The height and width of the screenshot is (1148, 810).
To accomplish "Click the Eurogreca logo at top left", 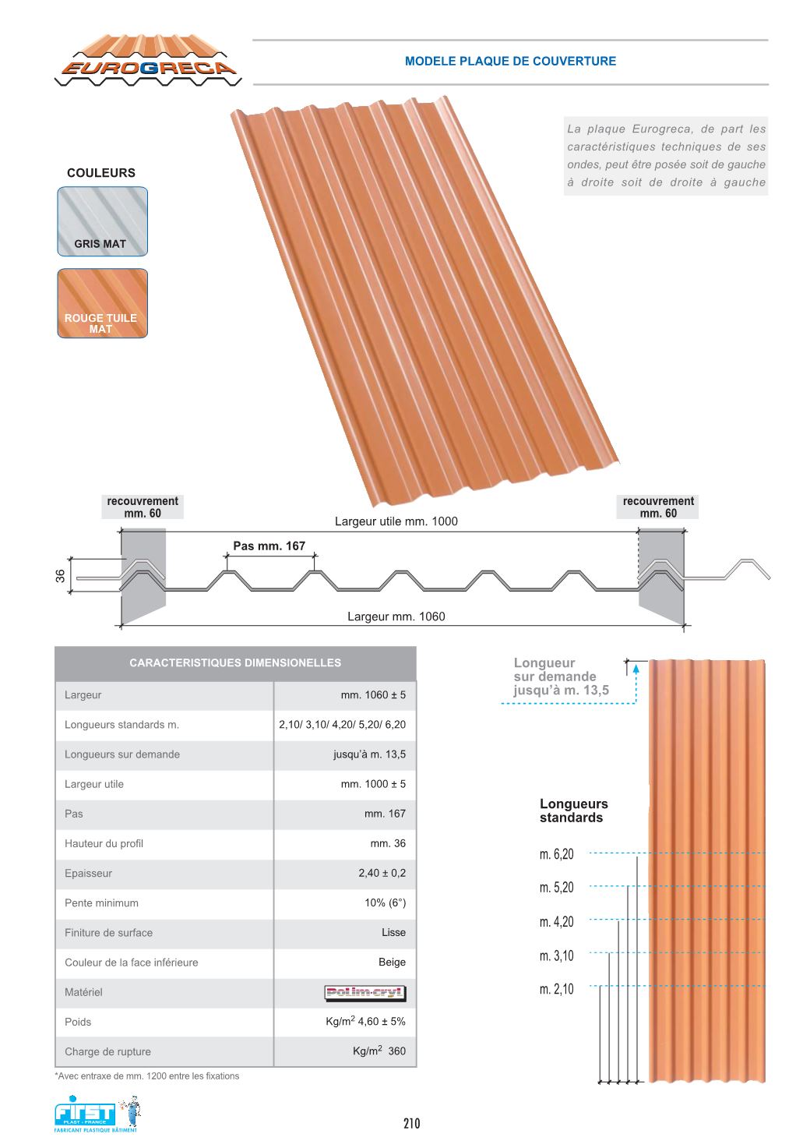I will (x=148, y=61).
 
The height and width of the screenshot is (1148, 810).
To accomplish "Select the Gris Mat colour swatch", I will (x=102, y=221).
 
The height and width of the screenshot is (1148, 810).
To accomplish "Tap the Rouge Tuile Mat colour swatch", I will (x=102, y=303).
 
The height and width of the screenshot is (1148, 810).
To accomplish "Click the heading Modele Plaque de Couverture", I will (x=510, y=61).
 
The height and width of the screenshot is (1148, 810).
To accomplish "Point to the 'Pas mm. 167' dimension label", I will (x=269, y=546).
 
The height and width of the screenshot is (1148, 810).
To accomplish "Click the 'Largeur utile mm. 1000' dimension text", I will (x=396, y=521).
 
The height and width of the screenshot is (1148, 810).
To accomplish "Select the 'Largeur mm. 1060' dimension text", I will (x=396, y=616).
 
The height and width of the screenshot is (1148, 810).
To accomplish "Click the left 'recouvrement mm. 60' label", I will (x=143, y=507).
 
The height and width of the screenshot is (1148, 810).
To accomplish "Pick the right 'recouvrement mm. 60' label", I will (x=658, y=507).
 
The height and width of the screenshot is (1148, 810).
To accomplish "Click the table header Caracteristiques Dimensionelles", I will (x=235, y=663).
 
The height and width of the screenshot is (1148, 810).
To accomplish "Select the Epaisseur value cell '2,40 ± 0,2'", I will (x=382, y=873).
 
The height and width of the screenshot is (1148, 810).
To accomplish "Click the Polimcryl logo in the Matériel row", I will (x=365, y=992).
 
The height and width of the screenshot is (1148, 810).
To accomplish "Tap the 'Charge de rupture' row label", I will (x=107, y=1051).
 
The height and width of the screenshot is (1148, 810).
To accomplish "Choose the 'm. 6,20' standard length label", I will (x=556, y=854).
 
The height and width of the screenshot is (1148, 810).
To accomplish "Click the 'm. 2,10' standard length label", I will (x=556, y=989).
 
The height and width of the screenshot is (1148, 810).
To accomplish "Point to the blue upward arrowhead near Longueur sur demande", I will (x=636, y=668).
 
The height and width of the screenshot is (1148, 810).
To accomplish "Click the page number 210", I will (x=411, y=1123).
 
